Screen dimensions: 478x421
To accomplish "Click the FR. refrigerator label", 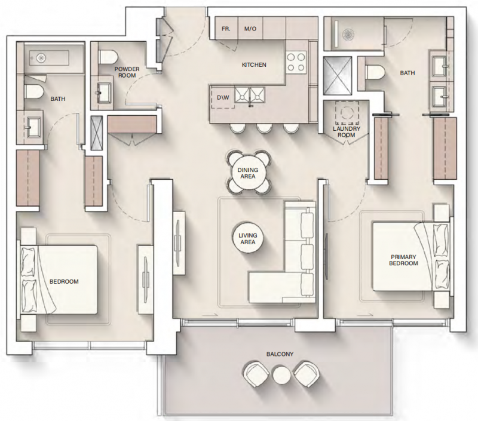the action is pos(226,29).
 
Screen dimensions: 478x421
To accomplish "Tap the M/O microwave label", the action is pos(250,29).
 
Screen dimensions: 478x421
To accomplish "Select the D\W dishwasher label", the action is pos(223,98).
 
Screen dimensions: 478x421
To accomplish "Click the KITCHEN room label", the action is pos(254,65).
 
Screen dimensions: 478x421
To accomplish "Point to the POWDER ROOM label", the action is pos(127,72).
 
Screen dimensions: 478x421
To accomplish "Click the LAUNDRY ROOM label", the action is pos(347,131).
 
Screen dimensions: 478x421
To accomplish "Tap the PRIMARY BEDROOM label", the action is pos(404,260).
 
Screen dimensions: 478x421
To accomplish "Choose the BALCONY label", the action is pos(280,354).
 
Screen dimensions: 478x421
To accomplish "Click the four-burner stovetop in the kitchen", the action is pos(296,62).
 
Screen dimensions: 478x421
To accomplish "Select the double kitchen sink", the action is pos(250,94).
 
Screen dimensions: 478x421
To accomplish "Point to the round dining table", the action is pos(248,173).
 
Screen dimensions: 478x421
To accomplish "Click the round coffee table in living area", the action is pos(248,238).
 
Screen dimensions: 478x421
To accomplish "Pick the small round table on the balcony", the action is pos(281,374).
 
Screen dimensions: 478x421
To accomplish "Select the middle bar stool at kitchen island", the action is pos(264,128).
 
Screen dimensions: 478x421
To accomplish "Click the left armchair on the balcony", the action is pos(256,374).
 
